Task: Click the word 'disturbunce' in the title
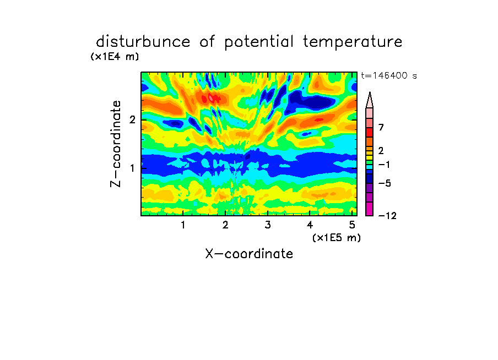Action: (x=143, y=42)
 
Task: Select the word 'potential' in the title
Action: (x=259, y=42)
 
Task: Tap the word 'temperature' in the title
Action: (x=353, y=42)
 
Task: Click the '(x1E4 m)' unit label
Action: (x=115, y=57)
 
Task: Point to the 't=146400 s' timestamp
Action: (x=389, y=75)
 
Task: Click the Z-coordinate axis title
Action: (x=115, y=144)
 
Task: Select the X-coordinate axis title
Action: (x=249, y=254)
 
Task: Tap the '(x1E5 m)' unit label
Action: (x=337, y=237)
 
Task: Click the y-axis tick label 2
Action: (x=132, y=119)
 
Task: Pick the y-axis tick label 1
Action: (x=132, y=168)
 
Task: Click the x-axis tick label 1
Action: (x=183, y=225)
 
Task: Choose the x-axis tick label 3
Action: (x=268, y=225)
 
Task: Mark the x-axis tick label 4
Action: (x=310, y=225)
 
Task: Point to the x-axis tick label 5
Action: (x=352, y=225)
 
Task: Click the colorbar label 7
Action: (x=381, y=127)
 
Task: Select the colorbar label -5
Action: (x=385, y=183)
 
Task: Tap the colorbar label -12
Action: (x=387, y=216)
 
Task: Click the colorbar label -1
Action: (x=384, y=165)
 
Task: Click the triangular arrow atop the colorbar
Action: (x=370, y=100)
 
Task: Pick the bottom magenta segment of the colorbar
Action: (x=370, y=209)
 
